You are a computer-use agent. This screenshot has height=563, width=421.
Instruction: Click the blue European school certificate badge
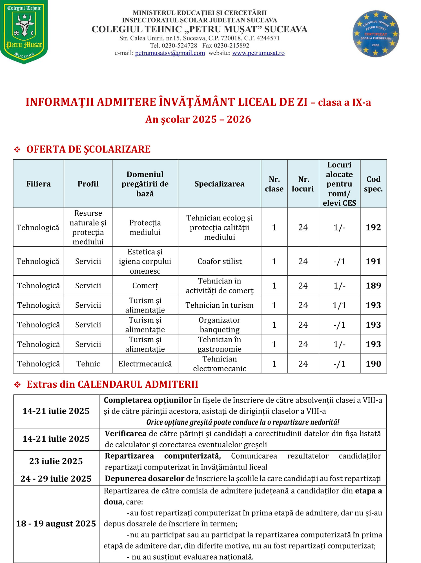(376, 34)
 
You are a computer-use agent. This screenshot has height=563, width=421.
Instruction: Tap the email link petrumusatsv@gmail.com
(170, 53)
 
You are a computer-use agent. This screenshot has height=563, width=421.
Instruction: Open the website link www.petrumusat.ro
(258, 53)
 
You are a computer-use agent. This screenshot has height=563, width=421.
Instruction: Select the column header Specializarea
(219, 184)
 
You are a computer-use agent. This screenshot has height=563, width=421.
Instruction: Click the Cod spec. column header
(373, 184)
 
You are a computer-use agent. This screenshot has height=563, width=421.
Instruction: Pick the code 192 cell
(373, 227)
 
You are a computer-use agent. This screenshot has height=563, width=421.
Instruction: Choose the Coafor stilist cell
(219, 261)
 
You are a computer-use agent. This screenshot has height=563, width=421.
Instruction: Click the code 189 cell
(373, 285)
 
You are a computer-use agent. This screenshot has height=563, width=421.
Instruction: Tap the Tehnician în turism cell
(219, 305)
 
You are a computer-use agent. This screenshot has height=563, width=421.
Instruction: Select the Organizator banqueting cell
(219, 325)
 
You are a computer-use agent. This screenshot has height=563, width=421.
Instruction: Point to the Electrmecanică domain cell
(145, 364)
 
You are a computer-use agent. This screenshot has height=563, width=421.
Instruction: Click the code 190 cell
(373, 364)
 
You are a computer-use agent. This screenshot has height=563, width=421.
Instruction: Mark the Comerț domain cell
(145, 285)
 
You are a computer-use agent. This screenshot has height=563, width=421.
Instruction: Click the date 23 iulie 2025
(56, 461)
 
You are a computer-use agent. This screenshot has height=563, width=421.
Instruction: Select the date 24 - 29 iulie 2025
(56, 479)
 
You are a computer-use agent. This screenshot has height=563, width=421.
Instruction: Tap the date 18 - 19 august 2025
(56, 524)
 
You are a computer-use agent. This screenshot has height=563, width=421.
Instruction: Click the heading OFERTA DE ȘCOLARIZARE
(88, 149)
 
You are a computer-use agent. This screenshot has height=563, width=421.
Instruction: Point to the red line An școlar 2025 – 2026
(198, 119)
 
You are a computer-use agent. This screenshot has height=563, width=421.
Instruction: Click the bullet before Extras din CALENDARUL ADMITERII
(17, 385)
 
